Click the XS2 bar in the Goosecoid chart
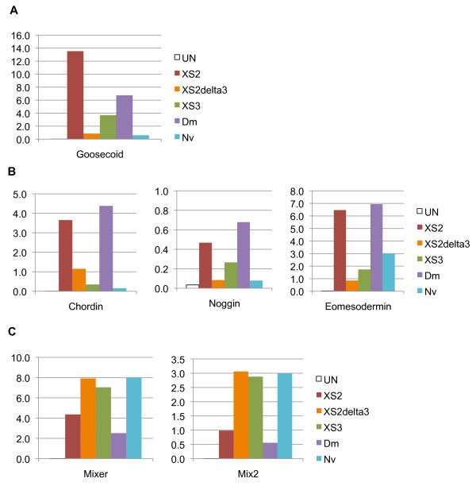[75, 95]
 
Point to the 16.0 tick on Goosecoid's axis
[19, 36]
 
